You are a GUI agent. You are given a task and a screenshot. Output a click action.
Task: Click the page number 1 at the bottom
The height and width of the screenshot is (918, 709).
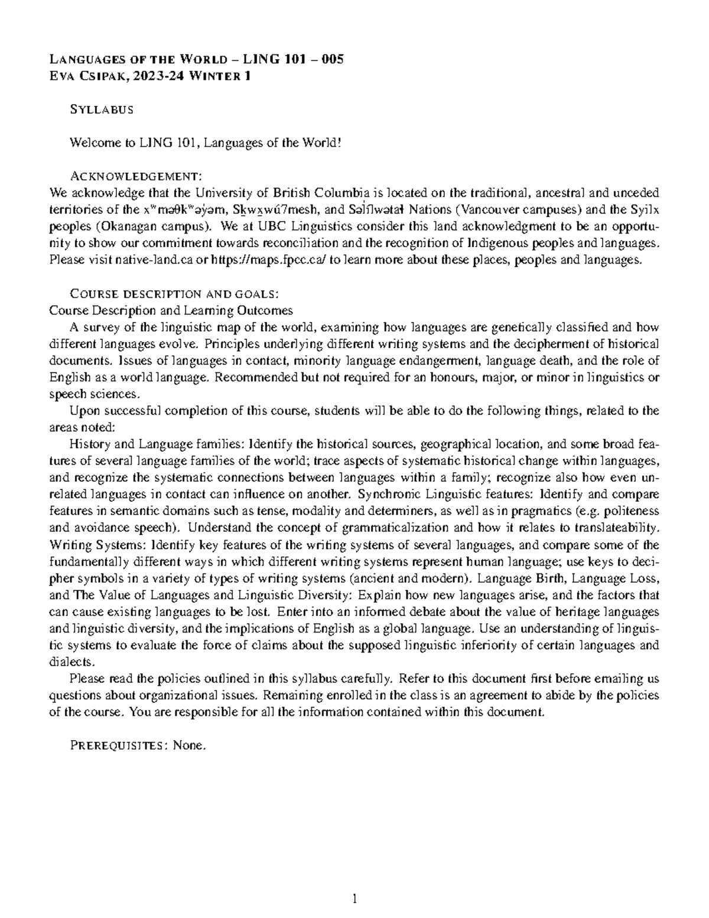[354, 900]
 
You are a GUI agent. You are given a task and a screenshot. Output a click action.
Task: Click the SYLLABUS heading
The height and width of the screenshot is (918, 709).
[102, 109]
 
